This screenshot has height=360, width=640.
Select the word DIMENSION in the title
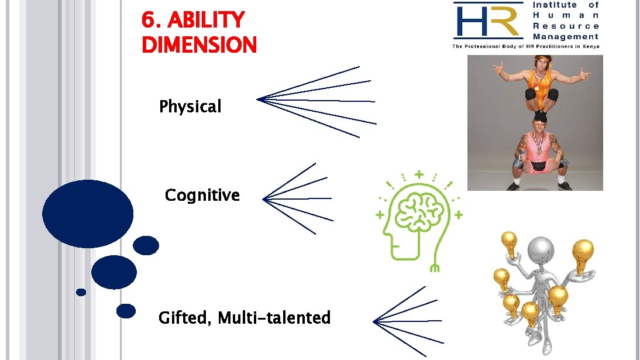199,45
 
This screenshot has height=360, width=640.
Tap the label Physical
190,107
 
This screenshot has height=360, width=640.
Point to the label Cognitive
202,195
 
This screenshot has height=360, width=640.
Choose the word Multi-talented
274,318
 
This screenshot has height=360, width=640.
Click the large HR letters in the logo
487,21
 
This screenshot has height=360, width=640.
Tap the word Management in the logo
566,37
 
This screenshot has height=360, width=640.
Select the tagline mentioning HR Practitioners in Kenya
525,46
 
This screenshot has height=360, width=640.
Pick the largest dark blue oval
88,214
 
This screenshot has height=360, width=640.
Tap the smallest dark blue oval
81,292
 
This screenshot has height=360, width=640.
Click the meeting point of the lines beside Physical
258,100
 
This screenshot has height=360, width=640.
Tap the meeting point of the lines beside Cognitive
264,200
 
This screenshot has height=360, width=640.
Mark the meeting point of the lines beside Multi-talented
375,321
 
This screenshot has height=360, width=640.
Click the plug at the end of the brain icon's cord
434,268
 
